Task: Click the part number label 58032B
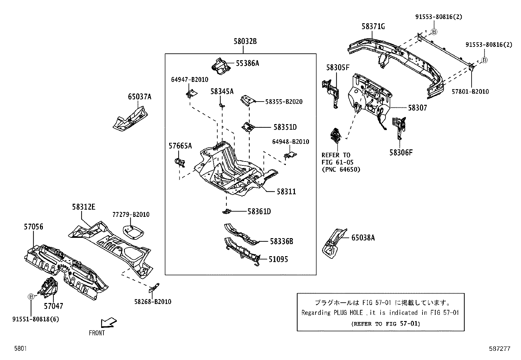[x=245, y=42]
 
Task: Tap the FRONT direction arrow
[x=109, y=322]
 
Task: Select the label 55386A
[x=247, y=64]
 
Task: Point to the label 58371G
[x=373, y=27]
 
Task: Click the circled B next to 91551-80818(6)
[x=31, y=297]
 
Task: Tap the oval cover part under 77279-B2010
[x=133, y=232]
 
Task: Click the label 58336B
[x=281, y=242]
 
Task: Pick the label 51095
[x=278, y=259]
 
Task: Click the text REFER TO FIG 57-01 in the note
[x=385, y=324]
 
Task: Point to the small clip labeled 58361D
[x=226, y=212]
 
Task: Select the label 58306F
[x=401, y=153]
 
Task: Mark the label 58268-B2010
[x=153, y=302]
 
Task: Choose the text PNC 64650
[x=341, y=170]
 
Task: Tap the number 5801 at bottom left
[x=20, y=349]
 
